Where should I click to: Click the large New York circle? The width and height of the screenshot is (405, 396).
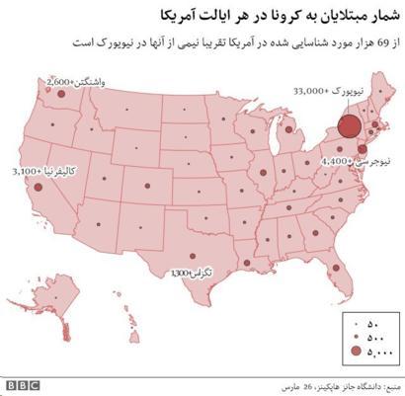(x=349, y=125)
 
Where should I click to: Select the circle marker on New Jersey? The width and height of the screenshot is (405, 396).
(x=362, y=149)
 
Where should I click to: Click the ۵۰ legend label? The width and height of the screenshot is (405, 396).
(x=373, y=323)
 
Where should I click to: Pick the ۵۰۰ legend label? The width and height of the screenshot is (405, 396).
(x=375, y=336)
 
